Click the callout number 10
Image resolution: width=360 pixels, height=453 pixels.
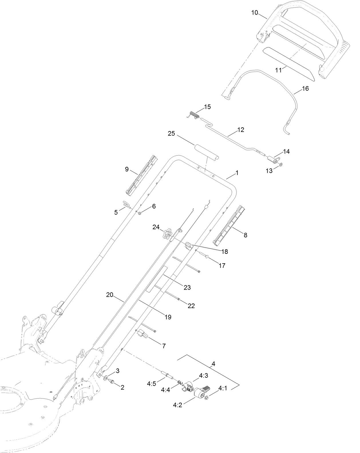click(x=254, y=13)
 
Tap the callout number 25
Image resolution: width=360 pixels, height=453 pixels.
click(x=171, y=134)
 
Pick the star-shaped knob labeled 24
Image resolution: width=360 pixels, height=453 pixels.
click(x=167, y=235)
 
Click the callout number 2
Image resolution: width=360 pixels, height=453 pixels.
click(x=122, y=387)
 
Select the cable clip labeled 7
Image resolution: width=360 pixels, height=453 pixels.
click(x=142, y=334)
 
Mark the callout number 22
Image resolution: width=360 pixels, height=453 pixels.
click(x=191, y=306)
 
